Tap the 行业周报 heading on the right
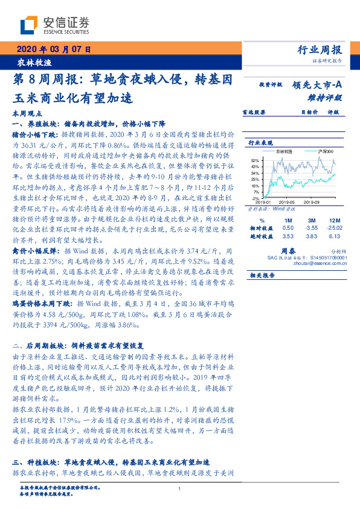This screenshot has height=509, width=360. click(320, 50)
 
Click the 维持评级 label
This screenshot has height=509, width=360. click(330, 97)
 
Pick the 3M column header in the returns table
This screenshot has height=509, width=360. click(312, 220)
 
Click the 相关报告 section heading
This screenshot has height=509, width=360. click(262, 275)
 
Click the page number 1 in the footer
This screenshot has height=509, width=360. click(180, 488)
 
